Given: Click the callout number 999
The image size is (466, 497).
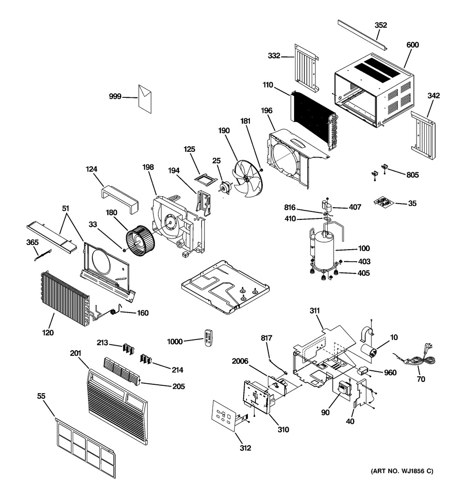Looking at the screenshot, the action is [x=115, y=96].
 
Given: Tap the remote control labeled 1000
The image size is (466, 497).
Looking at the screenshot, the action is [x=208, y=338].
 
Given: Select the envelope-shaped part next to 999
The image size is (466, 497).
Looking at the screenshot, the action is [x=145, y=99].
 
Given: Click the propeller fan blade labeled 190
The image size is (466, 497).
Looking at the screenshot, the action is [x=248, y=178].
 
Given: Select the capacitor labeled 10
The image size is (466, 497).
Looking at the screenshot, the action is [x=370, y=352].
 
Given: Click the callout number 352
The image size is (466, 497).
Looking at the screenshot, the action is [x=381, y=25].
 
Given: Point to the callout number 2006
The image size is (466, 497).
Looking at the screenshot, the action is [x=240, y=361].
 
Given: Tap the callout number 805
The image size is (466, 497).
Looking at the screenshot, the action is [x=412, y=175].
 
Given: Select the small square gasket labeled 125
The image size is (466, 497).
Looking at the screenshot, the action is [x=206, y=180].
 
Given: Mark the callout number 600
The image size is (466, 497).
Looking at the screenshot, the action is [x=412, y=45].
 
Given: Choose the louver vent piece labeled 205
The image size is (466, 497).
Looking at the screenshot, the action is [x=122, y=372].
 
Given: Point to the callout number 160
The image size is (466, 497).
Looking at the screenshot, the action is [x=143, y=313].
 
